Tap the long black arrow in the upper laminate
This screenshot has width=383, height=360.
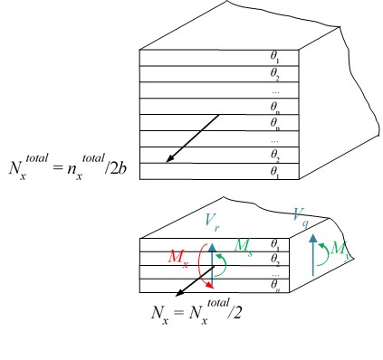tap(193, 138)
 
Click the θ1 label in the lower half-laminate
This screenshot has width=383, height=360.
tap(273, 245)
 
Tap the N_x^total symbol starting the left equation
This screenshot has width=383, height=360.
tap(27, 170)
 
